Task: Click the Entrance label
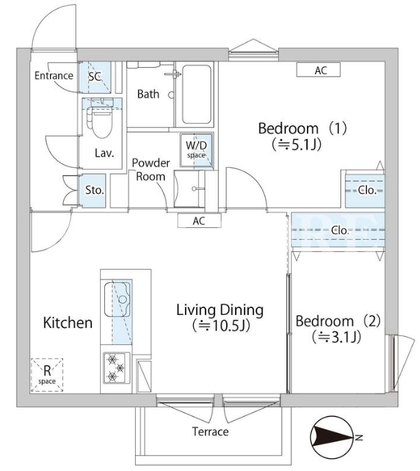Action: coord(54,75)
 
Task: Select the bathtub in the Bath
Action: coord(197,94)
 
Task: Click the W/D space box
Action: coord(197,150)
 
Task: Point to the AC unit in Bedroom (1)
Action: coord(319,70)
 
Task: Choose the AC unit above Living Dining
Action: coord(199,220)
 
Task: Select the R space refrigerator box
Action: coord(47,374)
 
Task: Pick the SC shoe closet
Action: coord(95,77)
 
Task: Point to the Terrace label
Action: coord(210,432)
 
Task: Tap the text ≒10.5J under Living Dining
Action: coord(221,325)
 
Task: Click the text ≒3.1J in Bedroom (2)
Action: coord(336,337)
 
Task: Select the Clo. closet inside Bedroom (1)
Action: coord(365,191)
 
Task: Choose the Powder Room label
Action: coord(151,169)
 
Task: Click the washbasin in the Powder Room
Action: coord(189,189)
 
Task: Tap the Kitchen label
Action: coord(68,322)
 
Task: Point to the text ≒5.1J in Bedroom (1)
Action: coord(297,144)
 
